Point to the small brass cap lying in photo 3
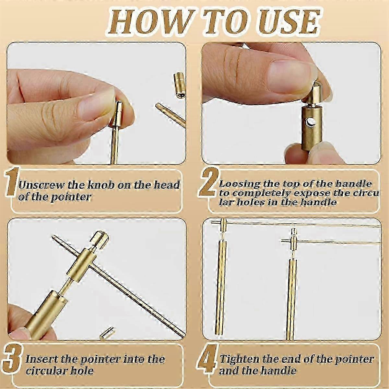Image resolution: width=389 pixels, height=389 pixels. click(x=105, y=334)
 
